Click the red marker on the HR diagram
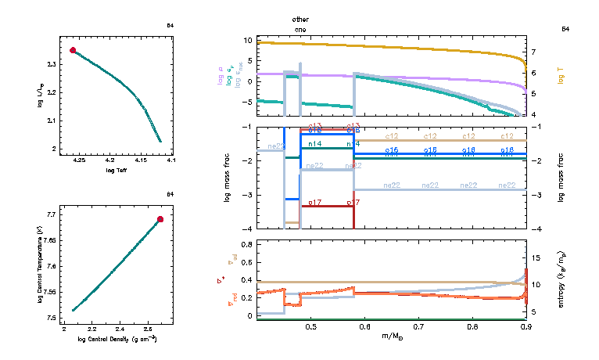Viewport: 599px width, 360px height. (73, 50)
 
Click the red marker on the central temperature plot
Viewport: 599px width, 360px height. (160, 220)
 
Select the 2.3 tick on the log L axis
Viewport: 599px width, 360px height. (52, 64)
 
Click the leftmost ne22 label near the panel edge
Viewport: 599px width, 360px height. (275, 146)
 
